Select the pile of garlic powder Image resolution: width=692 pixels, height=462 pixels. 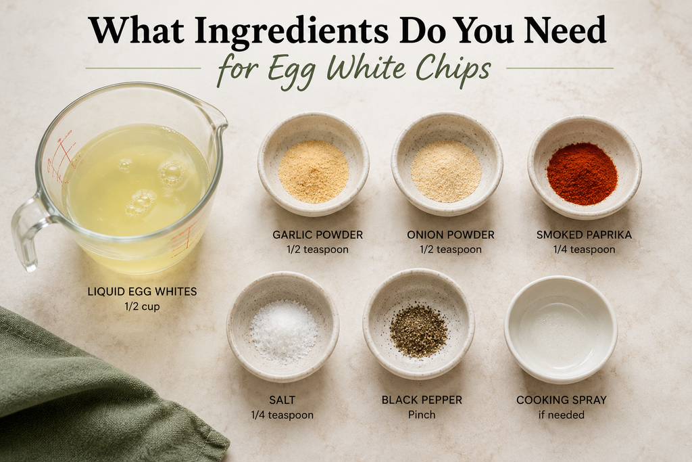tap(314, 171)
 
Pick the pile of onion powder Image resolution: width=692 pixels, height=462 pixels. tap(446, 170)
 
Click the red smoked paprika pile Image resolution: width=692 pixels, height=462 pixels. tap(582, 174)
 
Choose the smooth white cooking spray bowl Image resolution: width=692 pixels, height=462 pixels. tap(561, 329)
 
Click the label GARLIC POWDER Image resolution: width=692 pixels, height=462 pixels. tap(318, 235)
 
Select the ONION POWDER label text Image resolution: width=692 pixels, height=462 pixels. tap(451, 235)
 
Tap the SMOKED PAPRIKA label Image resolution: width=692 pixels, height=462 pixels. tap(585, 235)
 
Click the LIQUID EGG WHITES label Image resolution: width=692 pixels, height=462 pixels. tap(142, 292)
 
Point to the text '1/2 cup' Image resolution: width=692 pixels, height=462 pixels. tap(142, 306)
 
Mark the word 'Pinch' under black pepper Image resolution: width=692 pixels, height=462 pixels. tap(422, 415)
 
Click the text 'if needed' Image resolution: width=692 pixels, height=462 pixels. tap(562, 415)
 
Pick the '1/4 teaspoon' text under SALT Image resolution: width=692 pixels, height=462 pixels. tap(282, 415)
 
